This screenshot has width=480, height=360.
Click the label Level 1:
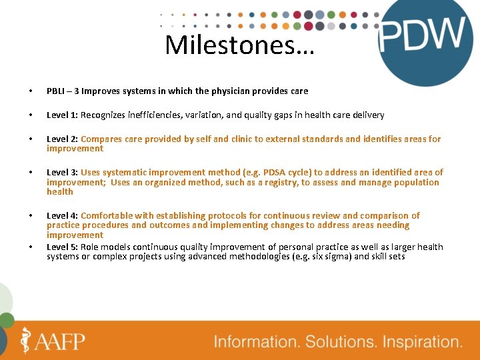pos(62,115)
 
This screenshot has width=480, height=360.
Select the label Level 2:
pos(62,139)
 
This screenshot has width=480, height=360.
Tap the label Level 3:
pos(62,173)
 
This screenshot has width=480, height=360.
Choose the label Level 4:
pos(62,215)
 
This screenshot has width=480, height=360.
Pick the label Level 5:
pos(62,247)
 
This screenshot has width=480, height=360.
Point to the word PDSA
pos(275,173)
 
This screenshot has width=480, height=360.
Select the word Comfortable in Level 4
pos(107,215)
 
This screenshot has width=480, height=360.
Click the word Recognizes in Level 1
pos(103,115)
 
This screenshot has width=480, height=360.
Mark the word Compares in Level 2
pos(100,139)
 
